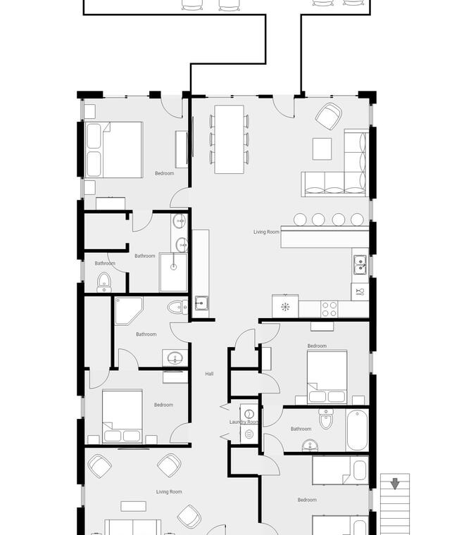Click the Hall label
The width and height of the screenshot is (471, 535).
(209, 374)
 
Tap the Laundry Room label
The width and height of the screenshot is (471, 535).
(244, 422)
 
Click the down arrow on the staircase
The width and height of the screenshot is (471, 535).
(395, 484)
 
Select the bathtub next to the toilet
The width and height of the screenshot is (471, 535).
(358, 430)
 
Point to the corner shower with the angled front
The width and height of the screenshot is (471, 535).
(129, 311)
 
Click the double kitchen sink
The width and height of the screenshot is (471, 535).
(360, 265)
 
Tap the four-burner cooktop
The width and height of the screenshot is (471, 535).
(329, 310)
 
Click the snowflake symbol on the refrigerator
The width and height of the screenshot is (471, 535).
(285, 307)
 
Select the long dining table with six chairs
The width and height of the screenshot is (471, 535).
(229, 139)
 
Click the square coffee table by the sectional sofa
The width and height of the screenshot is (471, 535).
(322, 149)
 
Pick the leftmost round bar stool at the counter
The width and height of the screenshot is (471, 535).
(300, 220)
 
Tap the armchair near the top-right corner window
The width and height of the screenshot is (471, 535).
(328, 116)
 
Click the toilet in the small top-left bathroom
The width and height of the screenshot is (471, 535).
(103, 282)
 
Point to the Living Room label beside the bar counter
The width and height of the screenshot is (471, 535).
(266, 232)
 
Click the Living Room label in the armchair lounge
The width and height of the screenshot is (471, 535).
(169, 491)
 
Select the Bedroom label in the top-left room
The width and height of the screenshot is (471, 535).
(164, 173)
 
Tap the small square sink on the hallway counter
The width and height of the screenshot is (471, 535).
(201, 303)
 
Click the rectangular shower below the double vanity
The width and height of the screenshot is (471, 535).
(173, 272)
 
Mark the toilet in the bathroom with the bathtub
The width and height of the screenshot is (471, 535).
(326, 419)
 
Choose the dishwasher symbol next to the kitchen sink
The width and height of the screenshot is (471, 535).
(360, 292)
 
